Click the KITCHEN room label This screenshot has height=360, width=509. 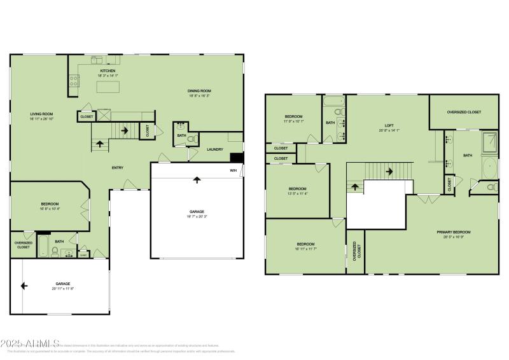(107, 71)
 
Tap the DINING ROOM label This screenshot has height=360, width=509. (199, 90)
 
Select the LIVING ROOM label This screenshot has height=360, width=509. (41, 114)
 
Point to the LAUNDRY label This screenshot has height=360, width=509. (215, 149)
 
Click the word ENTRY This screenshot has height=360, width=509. (118, 168)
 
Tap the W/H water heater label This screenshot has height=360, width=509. (233, 170)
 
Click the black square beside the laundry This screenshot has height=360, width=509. (237, 158)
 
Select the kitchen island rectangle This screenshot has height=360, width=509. (108, 87)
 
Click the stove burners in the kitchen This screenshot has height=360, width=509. (73, 80)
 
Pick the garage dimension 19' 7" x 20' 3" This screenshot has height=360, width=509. (197, 216)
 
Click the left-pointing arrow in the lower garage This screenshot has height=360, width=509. (24, 286)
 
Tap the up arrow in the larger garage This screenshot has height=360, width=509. (197, 180)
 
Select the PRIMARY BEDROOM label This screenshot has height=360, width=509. (453, 232)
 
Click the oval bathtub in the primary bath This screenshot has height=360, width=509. (489, 169)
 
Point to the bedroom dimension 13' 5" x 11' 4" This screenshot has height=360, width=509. (297, 193)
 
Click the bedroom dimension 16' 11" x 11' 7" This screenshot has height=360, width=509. (305, 249)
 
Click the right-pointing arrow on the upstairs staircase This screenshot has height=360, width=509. (389, 170)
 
